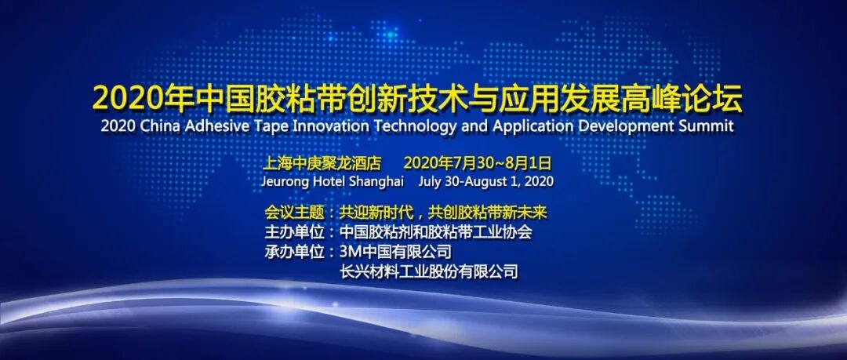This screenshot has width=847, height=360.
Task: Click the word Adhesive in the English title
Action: click(216, 126)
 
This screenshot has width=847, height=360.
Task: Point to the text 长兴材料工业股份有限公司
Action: click(429, 271)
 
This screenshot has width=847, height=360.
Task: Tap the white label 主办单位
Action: click(294, 232)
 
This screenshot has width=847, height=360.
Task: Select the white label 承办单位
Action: click(294, 251)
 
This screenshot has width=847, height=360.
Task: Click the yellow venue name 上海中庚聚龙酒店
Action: click(322, 162)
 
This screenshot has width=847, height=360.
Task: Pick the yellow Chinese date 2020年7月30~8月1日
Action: click(477, 162)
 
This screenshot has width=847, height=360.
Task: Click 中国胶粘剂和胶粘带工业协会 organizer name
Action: click(436, 232)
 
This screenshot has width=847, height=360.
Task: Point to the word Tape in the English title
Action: click(264, 127)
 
